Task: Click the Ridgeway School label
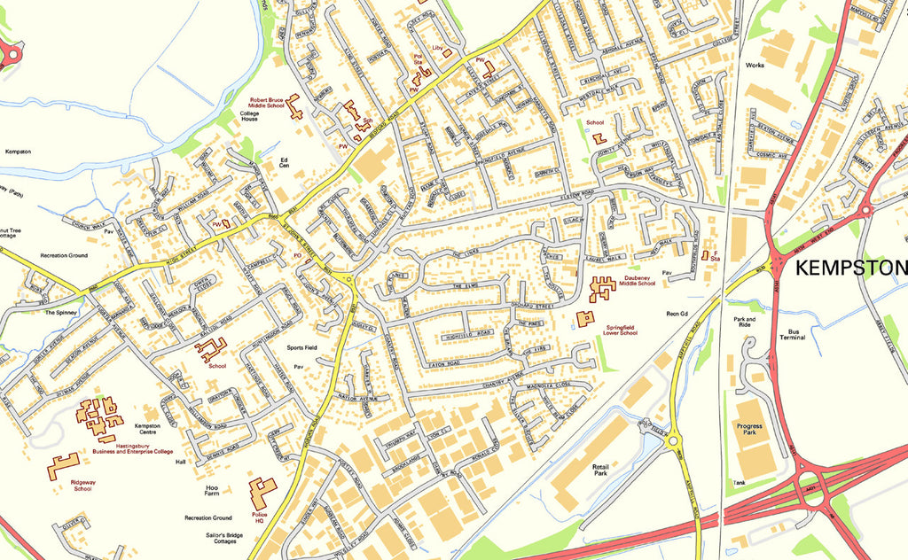82,485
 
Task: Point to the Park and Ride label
744,322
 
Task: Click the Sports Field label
301,348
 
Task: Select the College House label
248,116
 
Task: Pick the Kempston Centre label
147,429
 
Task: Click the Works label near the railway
755,65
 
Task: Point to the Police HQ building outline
262,493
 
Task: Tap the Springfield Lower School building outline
585,318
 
